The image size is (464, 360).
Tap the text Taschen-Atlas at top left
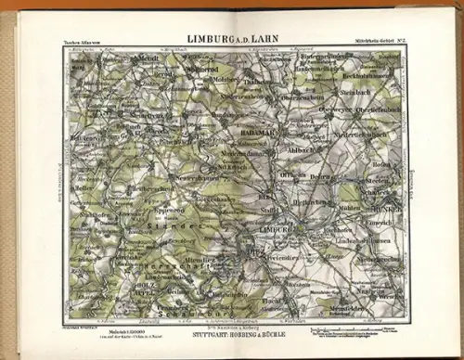[86, 42]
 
